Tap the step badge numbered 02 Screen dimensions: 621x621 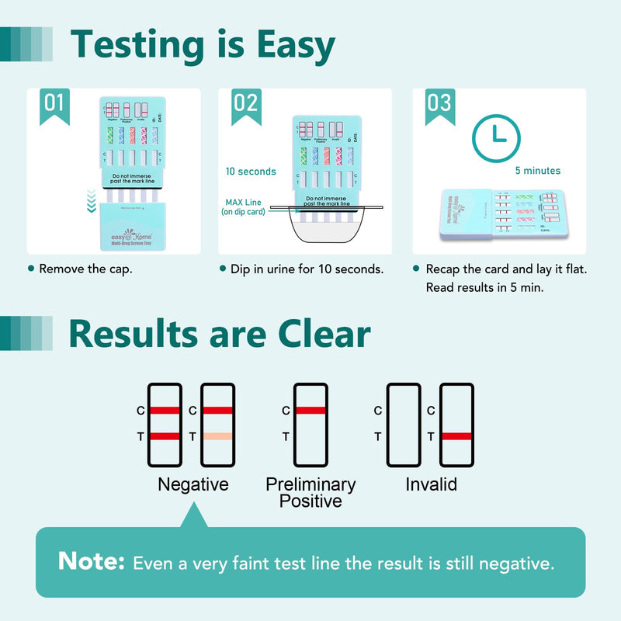(246, 106)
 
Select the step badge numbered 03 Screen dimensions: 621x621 (439, 106)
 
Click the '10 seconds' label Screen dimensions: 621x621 (251, 171)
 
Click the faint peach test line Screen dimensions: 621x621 (217, 436)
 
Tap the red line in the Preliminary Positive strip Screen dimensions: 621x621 (310, 410)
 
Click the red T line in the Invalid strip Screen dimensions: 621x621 (456, 436)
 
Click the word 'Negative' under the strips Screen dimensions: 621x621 (193, 485)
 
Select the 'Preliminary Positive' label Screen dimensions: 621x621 (310, 493)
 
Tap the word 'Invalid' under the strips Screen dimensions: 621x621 (431, 485)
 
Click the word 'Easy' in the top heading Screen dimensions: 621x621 (279, 46)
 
